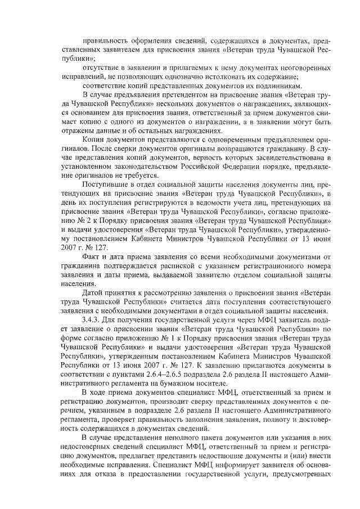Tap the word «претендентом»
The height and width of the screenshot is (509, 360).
166,94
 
